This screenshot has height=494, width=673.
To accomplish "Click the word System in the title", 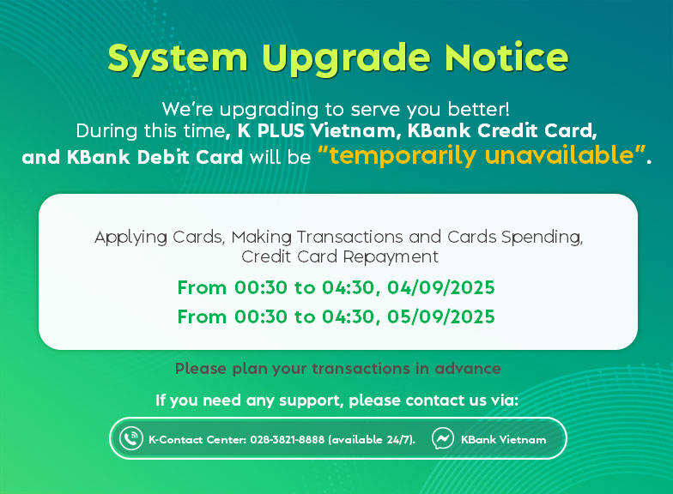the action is pyautogui.click(x=178, y=58).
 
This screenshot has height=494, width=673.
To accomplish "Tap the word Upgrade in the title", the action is pyautogui.click(x=346, y=58).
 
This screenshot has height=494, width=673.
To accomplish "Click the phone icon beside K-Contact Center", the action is pyautogui.click(x=130, y=439).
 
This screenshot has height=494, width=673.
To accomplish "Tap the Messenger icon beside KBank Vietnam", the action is pyautogui.click(x=443, y=439).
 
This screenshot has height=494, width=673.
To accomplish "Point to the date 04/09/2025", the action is pyautogui.click(x=441, y=288).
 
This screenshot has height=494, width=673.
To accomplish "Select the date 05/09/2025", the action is pyautogui.click(x=441, y=317).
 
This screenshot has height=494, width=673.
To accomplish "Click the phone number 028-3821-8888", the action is pyautogui.click(x=287, y=439).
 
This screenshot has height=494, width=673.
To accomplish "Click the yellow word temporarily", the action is pyautogui.click(x=403, y=156).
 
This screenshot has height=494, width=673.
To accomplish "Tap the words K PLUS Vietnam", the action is pyautogui.click(x=317, y=130).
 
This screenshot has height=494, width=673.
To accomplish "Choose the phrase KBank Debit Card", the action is pyautogui.click(x=155, y=157).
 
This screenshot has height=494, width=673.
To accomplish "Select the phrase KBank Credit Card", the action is pyautogui.click(x=500, y=130).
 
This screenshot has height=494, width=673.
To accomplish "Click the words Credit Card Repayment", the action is pyautogui.click(x=340, y=257).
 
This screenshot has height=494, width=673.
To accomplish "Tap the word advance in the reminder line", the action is pyautogui.click(x=468, y=369).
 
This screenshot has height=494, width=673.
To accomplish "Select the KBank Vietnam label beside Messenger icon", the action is pyautogui.click(x=503, y=439).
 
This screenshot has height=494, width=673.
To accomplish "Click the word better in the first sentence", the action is pyautogui.click(x=479, y=109).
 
